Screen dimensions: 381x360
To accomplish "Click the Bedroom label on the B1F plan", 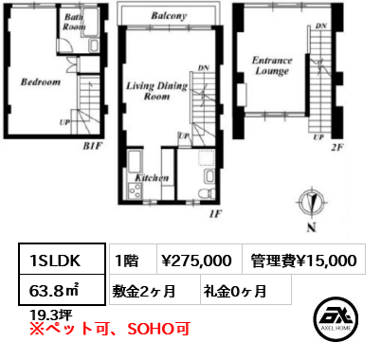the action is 41,81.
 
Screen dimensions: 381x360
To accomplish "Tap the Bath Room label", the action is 74,22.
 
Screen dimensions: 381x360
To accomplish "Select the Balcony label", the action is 169,15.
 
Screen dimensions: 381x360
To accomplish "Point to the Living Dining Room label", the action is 157,91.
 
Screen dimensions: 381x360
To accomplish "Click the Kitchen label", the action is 152,178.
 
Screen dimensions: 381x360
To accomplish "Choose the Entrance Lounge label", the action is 272,65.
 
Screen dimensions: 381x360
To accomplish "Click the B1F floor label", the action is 93,146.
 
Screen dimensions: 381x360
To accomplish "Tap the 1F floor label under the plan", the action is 215,214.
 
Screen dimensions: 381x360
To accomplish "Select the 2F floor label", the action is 337,147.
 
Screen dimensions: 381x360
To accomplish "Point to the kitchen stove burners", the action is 136,190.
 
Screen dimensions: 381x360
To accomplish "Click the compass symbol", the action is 312,202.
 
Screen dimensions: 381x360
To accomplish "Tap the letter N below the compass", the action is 312,228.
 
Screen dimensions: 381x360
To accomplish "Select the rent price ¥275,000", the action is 196,261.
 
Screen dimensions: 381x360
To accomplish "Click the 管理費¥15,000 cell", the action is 304,261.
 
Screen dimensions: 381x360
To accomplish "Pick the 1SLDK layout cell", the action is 62,259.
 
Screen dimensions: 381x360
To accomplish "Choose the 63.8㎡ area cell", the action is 62,290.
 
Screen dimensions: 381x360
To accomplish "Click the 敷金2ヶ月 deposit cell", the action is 154,290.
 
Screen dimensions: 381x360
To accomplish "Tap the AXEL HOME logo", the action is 336,318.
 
